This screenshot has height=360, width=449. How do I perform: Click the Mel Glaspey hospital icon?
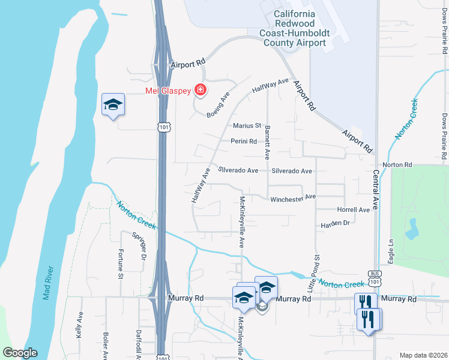click(x=200, y=91)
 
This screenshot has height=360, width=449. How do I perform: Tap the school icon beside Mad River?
click(x=113, y=105)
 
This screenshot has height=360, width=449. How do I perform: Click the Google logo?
click(x=20, y=353)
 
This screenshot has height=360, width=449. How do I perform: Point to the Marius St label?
click(x=247, y=126)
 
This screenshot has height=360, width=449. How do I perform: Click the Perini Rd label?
click(x=244, y=142)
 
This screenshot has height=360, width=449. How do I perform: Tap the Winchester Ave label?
click(x=293, y=197)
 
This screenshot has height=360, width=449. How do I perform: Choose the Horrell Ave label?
click(x=354, y=210)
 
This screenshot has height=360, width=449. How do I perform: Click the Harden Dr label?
click(x=335, y=223)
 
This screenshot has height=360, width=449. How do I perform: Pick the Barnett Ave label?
click(x=268, y=142)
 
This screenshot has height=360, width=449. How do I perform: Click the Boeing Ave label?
click(x=218, y=106)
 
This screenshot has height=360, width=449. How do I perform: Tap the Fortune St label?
click(x=121, y=264)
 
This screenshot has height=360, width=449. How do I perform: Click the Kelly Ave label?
click(x=80, y=325)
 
